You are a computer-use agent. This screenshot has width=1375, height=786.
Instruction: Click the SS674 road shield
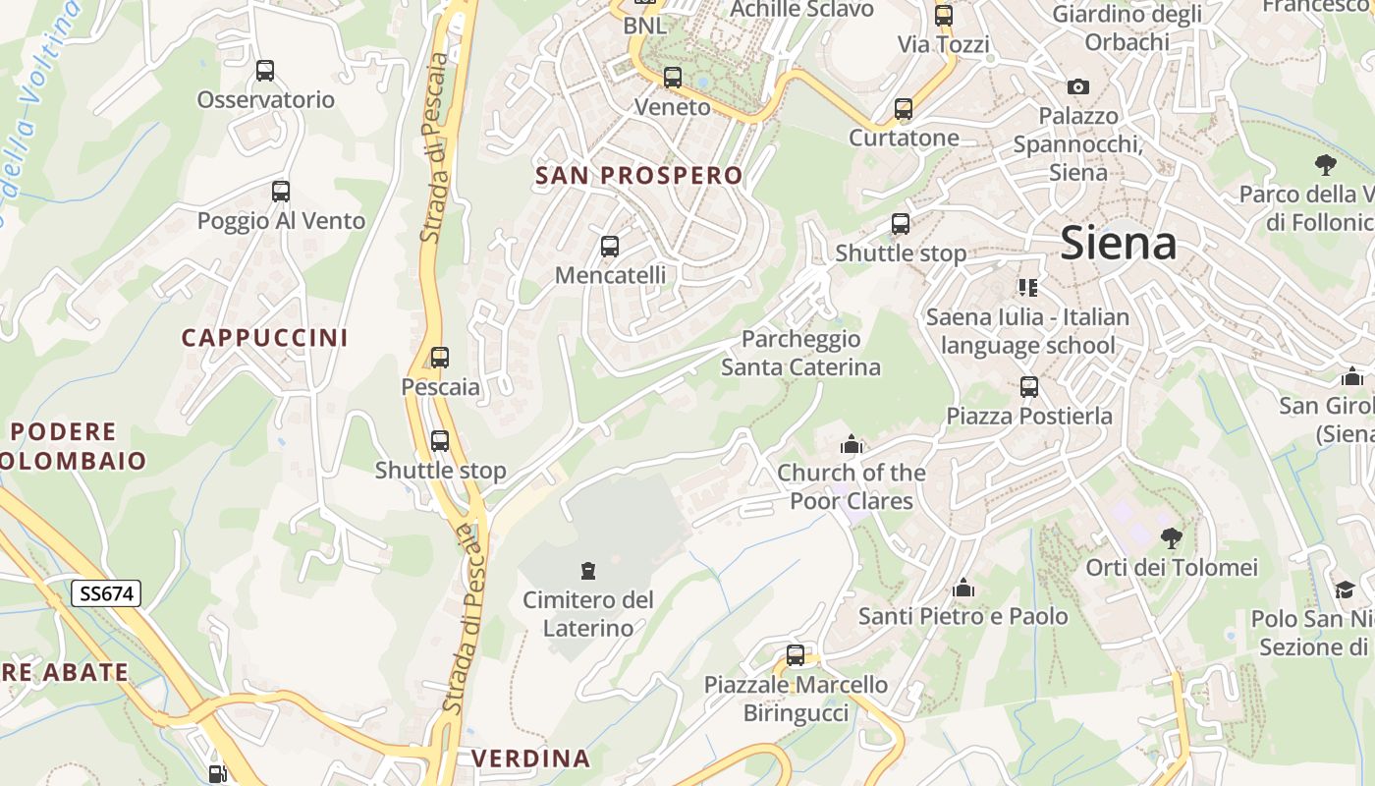tap(106, 593)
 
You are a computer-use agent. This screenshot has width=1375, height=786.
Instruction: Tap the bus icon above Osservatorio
tap(265, 71)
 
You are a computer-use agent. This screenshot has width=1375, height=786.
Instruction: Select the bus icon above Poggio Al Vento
tap(281, 192)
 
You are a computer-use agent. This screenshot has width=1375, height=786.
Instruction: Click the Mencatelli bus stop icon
tap(610, 247)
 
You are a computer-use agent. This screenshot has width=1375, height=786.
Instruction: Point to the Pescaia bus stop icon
tap(440, 358)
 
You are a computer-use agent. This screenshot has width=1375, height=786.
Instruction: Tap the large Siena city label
tap(1119, 243)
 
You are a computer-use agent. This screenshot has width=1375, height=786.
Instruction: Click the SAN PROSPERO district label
tap(639, 176)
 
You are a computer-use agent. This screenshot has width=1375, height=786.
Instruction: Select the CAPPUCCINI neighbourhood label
tap(265, 338)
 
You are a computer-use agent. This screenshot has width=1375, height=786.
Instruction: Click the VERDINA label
tap(531, 758)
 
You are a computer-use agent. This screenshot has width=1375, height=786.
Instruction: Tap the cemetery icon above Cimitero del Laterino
tap(588, 570)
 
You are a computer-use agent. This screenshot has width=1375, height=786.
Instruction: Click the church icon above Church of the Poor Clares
tap(852, 444)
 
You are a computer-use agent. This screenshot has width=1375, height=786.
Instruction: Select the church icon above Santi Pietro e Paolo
tap(963, 588)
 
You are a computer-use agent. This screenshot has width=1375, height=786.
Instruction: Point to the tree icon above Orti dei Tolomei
tap(1171, 538)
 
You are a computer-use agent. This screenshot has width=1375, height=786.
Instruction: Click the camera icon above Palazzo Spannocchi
tap(1078, 86)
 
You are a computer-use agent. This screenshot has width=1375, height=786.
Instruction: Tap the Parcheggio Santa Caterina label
tap(800, 354)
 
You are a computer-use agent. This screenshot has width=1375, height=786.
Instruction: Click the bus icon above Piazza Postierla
tap(1029, 387)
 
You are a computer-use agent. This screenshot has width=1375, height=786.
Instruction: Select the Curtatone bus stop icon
tap(904, 109)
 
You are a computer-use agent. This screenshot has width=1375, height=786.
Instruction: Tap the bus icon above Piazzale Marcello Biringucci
tap(796, 655)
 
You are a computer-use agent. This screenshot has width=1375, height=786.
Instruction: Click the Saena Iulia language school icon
tap(1028, 288)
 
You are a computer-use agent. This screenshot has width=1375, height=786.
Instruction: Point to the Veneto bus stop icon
tap(673, 78)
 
